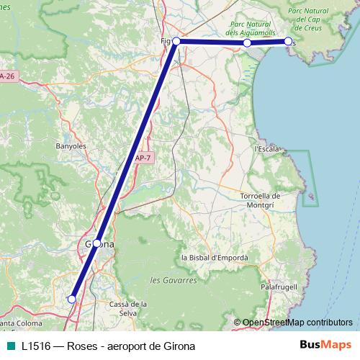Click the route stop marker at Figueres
click(x=176, y=42)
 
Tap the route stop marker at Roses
click(x=289, y=42)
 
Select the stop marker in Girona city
click(x=97, y=243)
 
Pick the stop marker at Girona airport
click(x=71, y=298)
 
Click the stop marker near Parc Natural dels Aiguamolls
click(x=247, y=43)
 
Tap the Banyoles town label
click(x=71, y=145)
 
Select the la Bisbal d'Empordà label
click(x=215, y=258)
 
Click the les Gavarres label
click(x=173, y=279)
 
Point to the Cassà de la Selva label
click(x=123, y=309)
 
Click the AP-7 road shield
click(x=143, y=158)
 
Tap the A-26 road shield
click(x=8, y=76)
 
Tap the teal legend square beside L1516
click(x=9, y=346)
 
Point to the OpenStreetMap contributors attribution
click(x=293, y=322)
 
